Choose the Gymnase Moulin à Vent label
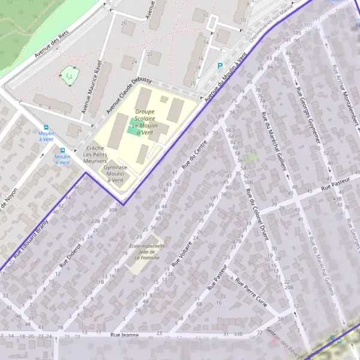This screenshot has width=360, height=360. pyautogui.click(x=115, y=173)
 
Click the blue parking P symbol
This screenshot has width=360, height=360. pyautogui.click(x=220, y=66)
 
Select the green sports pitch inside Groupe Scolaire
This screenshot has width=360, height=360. pyautogui.click(x=132, y=126)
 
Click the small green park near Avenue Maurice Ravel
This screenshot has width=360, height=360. pyautogui.click(x=70, y=76)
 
